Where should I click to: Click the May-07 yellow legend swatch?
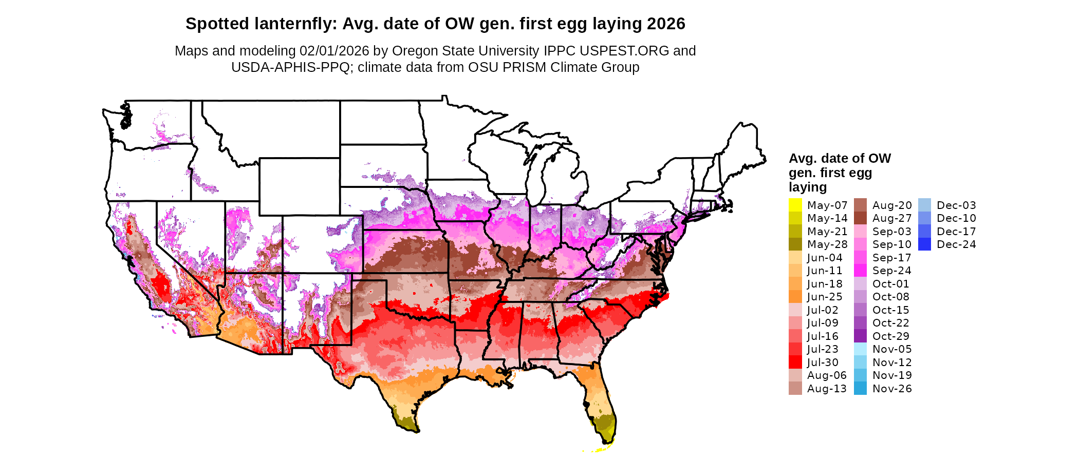coord(795,205)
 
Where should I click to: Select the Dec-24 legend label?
coord(956,244)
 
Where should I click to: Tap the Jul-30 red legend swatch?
coord(795,362)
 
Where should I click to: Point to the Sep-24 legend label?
coord(891,271)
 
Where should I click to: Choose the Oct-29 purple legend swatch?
coord(860,336)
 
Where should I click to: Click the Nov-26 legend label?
coord(892,389)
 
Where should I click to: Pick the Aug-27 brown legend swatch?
coord(860,218)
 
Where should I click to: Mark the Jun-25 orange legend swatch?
coord(795,297)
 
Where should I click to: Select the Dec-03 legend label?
coord(956,205)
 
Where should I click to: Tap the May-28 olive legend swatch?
coord(795,244)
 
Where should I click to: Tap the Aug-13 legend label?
coord(826,389)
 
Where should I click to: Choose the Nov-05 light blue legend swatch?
coord(860,349)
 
